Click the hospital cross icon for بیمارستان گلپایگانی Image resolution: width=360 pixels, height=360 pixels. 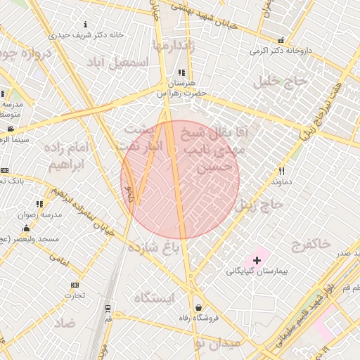(x=257, y=260)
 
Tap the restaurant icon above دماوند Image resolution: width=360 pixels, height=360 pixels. (x=282, y=171)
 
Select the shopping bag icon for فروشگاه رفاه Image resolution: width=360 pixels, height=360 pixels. (x=199, y=307)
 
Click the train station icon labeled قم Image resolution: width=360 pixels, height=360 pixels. (x=108, y=308)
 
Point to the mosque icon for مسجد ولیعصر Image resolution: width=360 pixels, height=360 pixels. (x=27, y=228)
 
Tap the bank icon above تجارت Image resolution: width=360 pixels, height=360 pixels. (x=75, y=285)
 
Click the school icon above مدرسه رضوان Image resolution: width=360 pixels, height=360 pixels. (x=39, y=204)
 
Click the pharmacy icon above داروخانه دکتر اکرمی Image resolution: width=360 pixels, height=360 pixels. (x=281, y=41)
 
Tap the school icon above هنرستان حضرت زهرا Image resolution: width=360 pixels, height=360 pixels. (x=181, y=72)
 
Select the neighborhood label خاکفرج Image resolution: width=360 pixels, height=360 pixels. (x=310, y=244)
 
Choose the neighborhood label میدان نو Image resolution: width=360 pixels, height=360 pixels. (x=218, y=343)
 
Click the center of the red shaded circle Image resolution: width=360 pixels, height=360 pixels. (x=180, y=180)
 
